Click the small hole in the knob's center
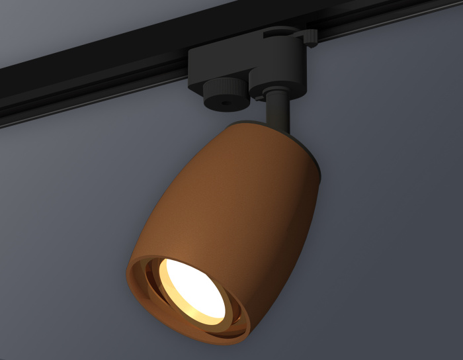click(x=223, y=104)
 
